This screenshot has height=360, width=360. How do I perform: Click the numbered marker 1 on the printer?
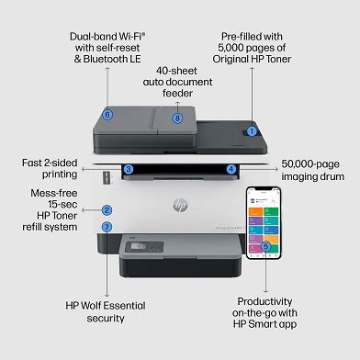point(251,131)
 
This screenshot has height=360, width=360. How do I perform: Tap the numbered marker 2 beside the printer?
point(107,210)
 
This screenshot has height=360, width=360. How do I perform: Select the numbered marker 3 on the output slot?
point(129,169)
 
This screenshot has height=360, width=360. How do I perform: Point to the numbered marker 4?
point(231,169)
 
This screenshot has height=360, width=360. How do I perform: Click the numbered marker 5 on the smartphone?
point(265,246)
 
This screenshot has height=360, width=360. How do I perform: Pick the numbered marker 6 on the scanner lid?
point(107,115)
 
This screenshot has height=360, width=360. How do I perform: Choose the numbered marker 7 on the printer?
point(107,226)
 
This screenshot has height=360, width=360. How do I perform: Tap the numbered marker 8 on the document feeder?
point(177,117)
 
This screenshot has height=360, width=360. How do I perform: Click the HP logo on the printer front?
point(179,205)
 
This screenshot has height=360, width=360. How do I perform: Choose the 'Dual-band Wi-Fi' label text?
point(104,36)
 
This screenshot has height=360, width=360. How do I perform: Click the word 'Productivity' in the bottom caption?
point(265,301)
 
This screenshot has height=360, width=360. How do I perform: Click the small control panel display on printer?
point(135,246)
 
